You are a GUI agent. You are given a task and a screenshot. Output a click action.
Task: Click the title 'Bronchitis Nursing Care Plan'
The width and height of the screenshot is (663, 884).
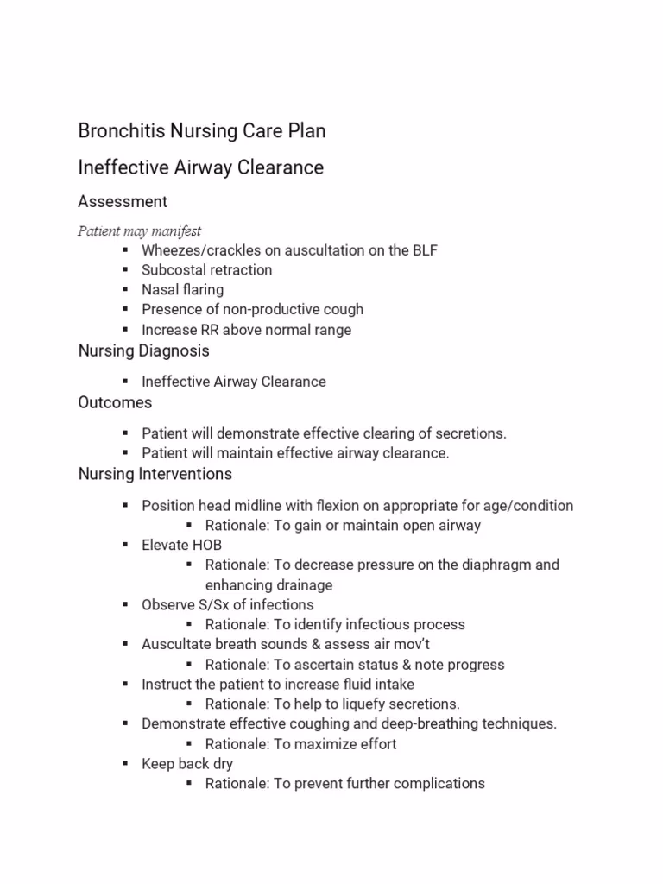point(202,131)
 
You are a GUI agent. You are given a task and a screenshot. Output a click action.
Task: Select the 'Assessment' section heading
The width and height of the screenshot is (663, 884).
point(123,202)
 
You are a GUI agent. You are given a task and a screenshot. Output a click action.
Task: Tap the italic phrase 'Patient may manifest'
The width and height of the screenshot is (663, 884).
point(139,230)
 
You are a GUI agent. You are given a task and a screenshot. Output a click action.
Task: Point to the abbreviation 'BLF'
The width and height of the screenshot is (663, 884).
point(425,250)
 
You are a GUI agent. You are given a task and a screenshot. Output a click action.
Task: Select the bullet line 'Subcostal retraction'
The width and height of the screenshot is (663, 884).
point(206,270)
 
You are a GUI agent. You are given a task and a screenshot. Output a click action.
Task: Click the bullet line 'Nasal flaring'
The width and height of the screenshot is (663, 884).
point(182,290)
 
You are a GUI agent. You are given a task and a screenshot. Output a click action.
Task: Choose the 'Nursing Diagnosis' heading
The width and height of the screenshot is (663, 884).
point(143,351)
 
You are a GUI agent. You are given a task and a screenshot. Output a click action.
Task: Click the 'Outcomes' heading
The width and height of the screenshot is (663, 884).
point(115,403)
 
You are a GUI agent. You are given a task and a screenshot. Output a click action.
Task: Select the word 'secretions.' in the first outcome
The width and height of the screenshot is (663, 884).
point(470,433)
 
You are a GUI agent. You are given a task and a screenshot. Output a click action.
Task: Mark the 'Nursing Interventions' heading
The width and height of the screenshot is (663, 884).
point(155,475)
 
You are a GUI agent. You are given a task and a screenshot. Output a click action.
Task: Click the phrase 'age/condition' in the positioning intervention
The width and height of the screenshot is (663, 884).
point(530,506)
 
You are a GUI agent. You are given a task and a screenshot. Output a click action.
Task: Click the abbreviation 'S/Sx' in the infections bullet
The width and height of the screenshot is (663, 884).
point(217,605)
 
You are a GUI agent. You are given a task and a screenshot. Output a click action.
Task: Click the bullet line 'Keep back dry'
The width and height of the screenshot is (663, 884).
point(187,764)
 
